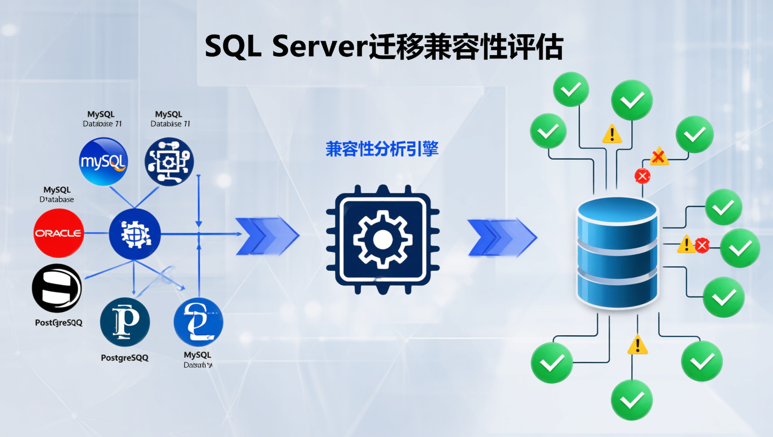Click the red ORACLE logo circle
tap(58, 233)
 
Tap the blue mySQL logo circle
tap(103, 162)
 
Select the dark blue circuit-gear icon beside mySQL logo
tap(169, 162)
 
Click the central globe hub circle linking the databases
tap(134, 234)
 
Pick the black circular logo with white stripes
tap(57, 288)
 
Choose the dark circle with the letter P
tap(125, 322)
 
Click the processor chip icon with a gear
tap(383, 239)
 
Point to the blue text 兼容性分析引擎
tap(382, 149)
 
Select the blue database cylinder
tap(617, 253)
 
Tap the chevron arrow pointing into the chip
tap(267, 236)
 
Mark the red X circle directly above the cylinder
tap(642, 176)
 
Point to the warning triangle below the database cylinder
tap(637, 345)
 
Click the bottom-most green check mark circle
tap(631, 400)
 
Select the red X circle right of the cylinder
tap(702, 246)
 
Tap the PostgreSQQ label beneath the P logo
tap(124, 358)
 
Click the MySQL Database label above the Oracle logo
tap(57, 194)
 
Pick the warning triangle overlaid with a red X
tap(659, 157)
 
